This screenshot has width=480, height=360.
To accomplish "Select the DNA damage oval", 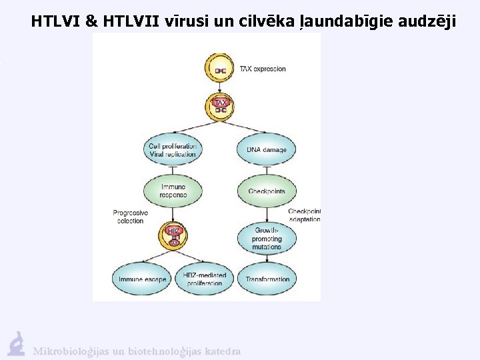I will [x=266, y=150].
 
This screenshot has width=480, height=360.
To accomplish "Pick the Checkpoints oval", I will [x=266, y=191].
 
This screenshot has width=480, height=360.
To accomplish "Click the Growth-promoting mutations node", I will [x=266, y=238].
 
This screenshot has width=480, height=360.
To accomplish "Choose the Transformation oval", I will [x=267, y=279].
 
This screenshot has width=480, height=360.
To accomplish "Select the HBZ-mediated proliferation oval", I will [x=205, y=279].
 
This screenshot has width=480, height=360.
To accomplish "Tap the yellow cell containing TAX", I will [x=220, y=105].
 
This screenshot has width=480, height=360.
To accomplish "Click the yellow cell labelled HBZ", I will [x=173, y=235].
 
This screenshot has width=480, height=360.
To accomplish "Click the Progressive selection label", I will [x=130, y=217].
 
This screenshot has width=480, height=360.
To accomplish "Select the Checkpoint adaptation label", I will [x=304, y=215].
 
